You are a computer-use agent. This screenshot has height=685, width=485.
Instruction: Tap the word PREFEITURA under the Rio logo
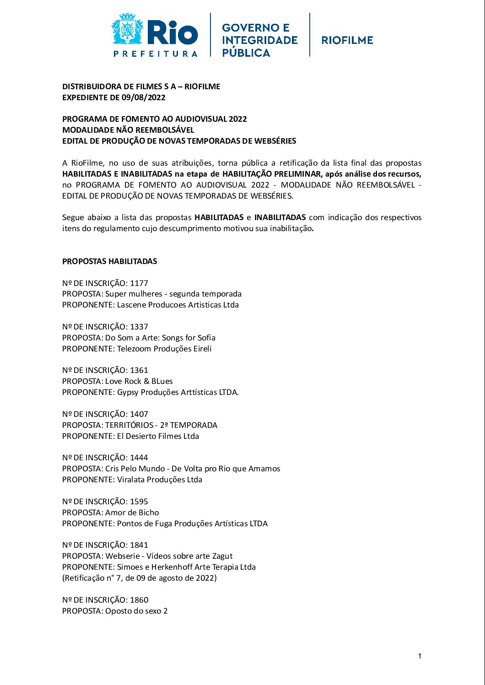pyautogui.click(x=156, y=54)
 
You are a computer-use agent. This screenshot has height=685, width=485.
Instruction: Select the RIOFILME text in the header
pyautogui.click(x=347, y=40)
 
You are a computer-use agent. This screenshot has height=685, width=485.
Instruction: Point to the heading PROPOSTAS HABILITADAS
pyautogui.click(x=110, y=261)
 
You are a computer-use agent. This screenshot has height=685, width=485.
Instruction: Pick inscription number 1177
pyautogui.click(x=139, y=283)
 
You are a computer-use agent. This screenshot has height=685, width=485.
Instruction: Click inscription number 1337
pyautogui.click(x=139, y=327)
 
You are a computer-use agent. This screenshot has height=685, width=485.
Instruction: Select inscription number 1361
pyautogui.click(x=139, y=370)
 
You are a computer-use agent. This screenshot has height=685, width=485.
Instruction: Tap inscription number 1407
pyautogui.click(x=139, y=414)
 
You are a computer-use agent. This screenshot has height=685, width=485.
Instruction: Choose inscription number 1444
pyautogui.click(x=139, y=458)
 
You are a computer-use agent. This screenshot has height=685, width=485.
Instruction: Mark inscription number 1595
pyautogui.click(x=139, y=502)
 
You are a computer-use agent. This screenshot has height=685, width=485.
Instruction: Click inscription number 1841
pyautogui.click(x=139, y=545)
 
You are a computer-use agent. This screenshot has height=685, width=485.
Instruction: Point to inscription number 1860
pyautogui.click(x=139, y=600)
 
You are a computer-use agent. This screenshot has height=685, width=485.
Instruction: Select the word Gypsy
pyautogui.click(x=128, y=392)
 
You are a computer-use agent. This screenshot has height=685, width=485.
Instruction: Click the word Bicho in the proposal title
pyautogui.click(x=148, y=512)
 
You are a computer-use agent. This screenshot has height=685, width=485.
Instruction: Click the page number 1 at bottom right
pyautogui.click(x=420, y=656)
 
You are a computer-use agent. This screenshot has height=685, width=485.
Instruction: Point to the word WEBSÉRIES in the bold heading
pyautogui.click(x=273, y=141)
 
